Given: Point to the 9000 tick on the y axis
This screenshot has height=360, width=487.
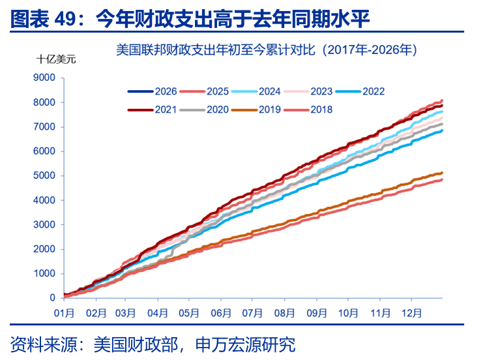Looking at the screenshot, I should coord(44,78).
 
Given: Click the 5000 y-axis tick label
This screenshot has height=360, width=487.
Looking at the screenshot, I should coord(44,175).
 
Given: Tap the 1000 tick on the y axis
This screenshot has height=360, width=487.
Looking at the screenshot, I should coord(44,274).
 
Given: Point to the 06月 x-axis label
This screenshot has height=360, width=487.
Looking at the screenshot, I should coord(222,312).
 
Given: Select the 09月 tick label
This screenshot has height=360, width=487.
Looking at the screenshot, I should coord(316,312).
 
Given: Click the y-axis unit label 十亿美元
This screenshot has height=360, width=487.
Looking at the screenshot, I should coord(55,59).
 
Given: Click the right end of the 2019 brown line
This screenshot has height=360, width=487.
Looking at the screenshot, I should coord(442,173).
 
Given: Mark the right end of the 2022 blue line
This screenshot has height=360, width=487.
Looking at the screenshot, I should coord(442,130).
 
